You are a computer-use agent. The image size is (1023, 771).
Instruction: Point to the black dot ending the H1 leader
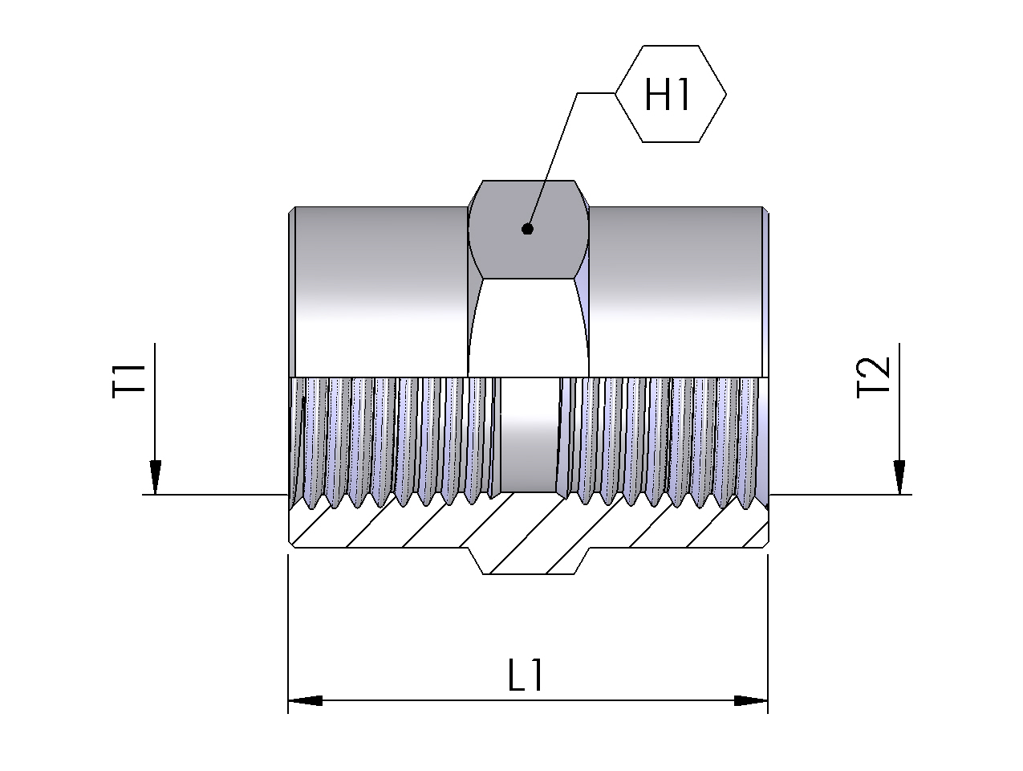(527, 229)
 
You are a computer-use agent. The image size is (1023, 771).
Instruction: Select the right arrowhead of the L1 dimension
(751, 701)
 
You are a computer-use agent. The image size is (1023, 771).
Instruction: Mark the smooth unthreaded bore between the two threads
(527, 434)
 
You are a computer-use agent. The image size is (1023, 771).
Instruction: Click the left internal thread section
(393, 438)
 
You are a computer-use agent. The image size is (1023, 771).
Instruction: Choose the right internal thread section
(662, 438)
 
